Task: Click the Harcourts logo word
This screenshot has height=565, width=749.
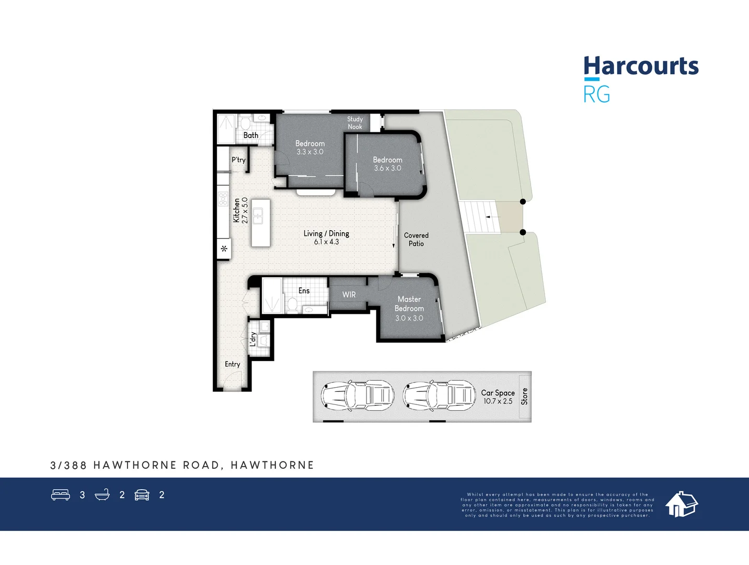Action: (x=641, y=66)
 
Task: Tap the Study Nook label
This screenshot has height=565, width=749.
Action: (x=355, y=123)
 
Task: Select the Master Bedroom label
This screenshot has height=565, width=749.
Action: (x=409, y=304)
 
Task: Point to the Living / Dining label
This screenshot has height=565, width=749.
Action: (x=326, y=234)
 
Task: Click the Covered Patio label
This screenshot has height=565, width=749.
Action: (x=416, y=240)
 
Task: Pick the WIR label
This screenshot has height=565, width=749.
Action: (x=349, y=295)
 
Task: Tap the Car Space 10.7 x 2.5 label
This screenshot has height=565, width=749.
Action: (x=498, y=397)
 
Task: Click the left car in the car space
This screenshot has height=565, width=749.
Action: (x=358, y=394)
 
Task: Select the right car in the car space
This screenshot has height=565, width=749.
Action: (x=440, y=394)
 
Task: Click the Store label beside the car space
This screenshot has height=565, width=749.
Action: (x=524, y=397)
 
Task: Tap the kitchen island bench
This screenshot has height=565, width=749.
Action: (x=260, y=223)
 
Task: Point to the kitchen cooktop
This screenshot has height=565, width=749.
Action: (x=223, y=199)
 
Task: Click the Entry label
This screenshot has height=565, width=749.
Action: (x=233, y=364)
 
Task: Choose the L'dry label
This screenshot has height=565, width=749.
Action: (x=253, y=339)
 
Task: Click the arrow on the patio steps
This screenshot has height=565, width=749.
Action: (x=489, y=217)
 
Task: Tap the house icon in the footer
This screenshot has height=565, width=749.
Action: (x=681, y=504)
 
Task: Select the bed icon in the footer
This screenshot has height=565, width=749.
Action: (x=61, y=495)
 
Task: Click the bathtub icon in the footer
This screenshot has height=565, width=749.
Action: (x=102, y=495)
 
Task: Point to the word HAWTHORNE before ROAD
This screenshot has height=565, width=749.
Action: (x=135, y=465)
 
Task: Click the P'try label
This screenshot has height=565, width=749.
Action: (x=238, y=160)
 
